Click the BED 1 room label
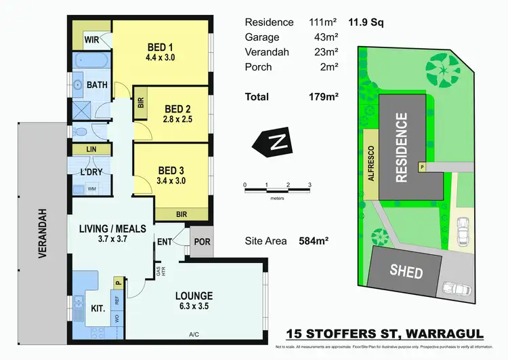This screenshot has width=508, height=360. tap(161, 47)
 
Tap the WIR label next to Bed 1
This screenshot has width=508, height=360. tap(92, 40)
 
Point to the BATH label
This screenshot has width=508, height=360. tap(96, 85)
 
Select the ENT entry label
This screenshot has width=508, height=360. tap(165, 241)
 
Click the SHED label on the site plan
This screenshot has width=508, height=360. tap(406, 273)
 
